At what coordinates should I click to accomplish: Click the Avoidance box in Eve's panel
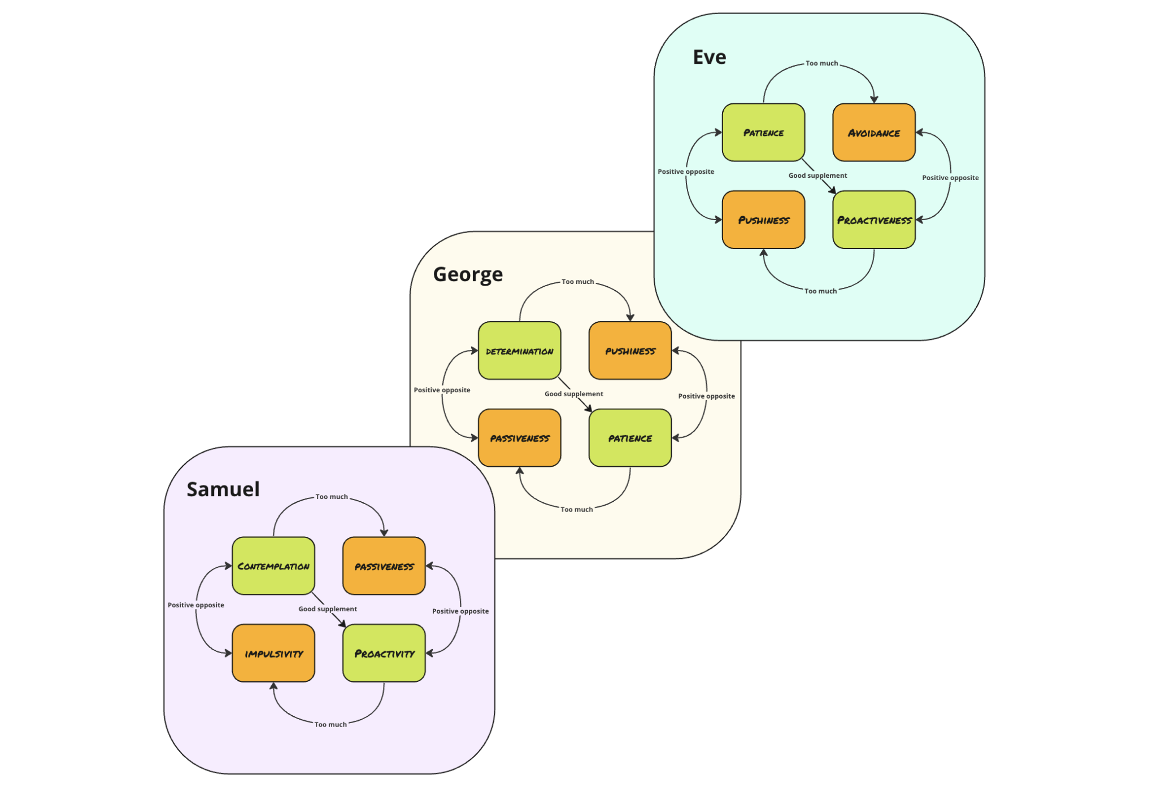pyautogui.click(x=873, y=133)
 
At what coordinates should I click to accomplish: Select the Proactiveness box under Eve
pyautogui.click(x=873, y=220)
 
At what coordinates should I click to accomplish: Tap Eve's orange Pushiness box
pyautogui.click(x=763, y=220)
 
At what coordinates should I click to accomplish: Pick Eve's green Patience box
pyautogui.click(x=763, y=133)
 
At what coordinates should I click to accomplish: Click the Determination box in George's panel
pyautogui.click(x=519, y=351)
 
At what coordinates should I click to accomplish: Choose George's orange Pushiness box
pyautogui.click(x=630, y=351)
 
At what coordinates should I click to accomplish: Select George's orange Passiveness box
pyautogui.click(x=519, y=438)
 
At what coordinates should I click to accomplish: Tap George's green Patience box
pyautogui.click(x=630, y=438)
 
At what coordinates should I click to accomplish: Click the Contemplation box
pyautogui.click(x=273, y=566)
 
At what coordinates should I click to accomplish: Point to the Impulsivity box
pyautogui.click(x=273, y=653)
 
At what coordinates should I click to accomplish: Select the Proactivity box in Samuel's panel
pyautogui.click(x=384, y=653)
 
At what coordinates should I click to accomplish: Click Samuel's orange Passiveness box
pyautogui.click(x=384, y=566)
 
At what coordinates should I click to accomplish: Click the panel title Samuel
pyautogui.click(x=223, y=489)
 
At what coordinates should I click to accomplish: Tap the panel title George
pyautogui.click(x=468, y=274)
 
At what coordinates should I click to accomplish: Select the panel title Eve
pyautogui.click(x=710, y=57)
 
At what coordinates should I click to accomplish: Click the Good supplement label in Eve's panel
pyautogui.click(x=817, y=176)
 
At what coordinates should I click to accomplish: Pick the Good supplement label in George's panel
pyautogui.click(x=573, y=394)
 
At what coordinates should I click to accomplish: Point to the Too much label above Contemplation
pyautogui.click(x=332, y=497)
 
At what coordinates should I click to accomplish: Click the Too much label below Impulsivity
pyautogui.click(x=330, y=724)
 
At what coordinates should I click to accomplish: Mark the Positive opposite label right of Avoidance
pyautogui.click(x=950, y=178)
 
